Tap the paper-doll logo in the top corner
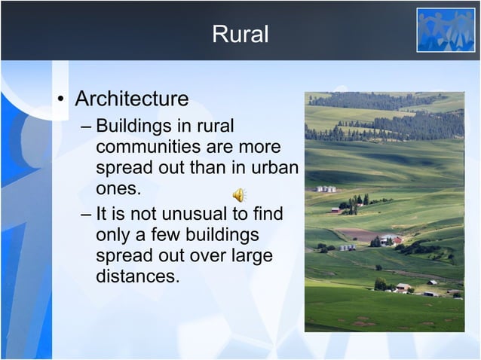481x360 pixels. coord(446,30)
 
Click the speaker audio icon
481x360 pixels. coord(238,196)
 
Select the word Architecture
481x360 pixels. coord(132,99)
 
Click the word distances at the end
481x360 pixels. coord(138,276)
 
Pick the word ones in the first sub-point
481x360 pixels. coord(118,187)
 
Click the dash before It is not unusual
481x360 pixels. coord(87,215)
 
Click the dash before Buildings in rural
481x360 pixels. coord(87,126)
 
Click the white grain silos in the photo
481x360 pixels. coord(326,189)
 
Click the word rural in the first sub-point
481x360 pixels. coord(216,125)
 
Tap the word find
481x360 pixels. coord(267,215)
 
